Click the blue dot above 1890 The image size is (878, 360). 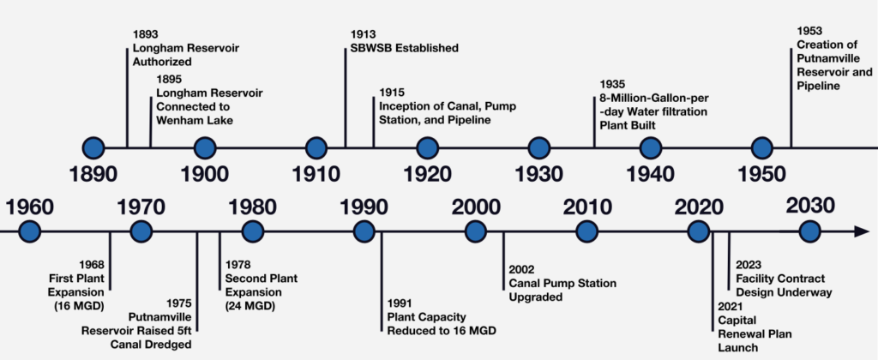point(93,148)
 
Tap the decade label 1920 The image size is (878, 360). point(427,174)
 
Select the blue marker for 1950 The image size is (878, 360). point(761,148)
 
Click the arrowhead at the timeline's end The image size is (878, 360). point(861,231)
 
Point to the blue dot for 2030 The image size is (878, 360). point(809,231)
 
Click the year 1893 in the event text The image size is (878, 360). point(144,35)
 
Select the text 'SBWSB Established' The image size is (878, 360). point(405,48)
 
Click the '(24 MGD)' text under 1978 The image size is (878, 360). point(250,306)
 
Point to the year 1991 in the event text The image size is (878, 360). point(400,303)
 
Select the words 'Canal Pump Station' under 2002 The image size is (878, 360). point(562,284)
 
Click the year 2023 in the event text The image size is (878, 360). point(749,264)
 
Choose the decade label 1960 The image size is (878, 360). point(29,207)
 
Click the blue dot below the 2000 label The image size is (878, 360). point(475,231)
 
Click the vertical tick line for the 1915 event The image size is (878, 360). point(374,122)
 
